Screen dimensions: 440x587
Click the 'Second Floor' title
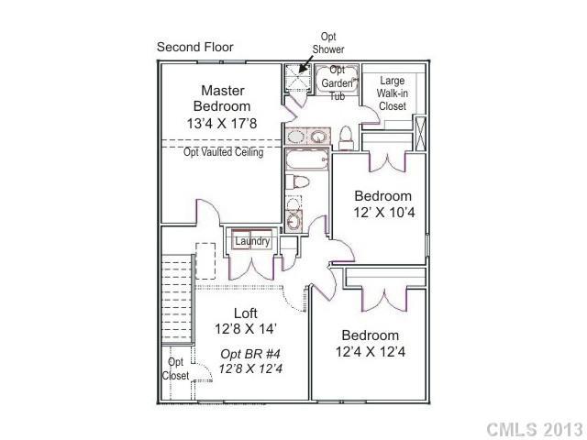(195, 47)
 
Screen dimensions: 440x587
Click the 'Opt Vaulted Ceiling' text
(224, 152)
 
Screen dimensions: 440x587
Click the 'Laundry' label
(252, 241)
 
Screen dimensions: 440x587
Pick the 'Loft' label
(246, 312)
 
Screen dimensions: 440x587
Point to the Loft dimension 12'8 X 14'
(246, 329)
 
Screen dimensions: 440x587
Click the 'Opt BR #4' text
(245, 354)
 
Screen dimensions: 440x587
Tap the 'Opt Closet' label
(176, 369)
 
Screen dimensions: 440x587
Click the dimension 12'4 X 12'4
(371, 351)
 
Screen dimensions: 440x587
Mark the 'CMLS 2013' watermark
(533, 429)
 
